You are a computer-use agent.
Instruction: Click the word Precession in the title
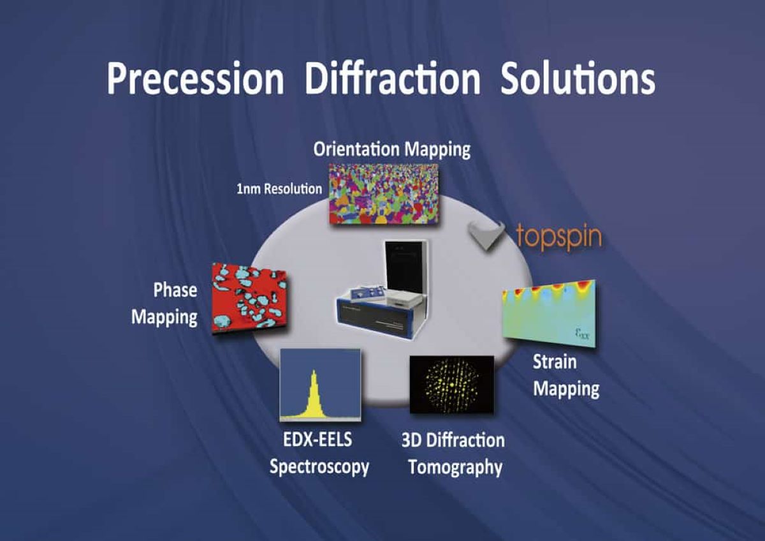coord(195,78)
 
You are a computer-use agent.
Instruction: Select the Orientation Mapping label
coord(391,150)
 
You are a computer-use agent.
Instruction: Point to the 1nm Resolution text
coord(279,189)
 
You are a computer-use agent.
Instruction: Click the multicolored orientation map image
coord(383,193)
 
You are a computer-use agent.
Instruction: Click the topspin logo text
coord(558,237)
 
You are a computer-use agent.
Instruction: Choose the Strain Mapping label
coord(565,375)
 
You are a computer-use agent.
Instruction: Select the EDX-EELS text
coord(319,441)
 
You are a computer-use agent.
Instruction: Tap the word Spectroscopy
coord(319,466)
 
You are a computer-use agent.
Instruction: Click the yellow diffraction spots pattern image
coord(451,385)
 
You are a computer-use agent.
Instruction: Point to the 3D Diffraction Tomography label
coord(453,454)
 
